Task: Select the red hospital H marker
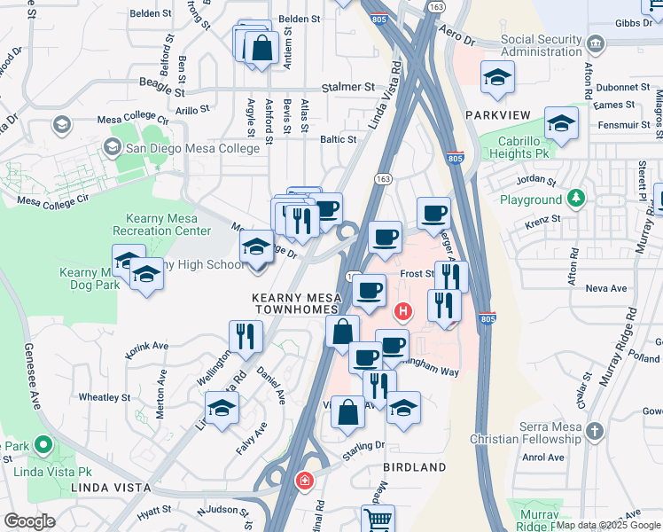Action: (404, 311)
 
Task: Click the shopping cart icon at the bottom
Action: (378, 520)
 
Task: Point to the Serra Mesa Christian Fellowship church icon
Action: (595, 431)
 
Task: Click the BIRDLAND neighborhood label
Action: (415, 466)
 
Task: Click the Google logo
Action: (30, 521)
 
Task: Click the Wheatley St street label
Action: (105, 397)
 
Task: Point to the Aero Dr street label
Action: (456, 42)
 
